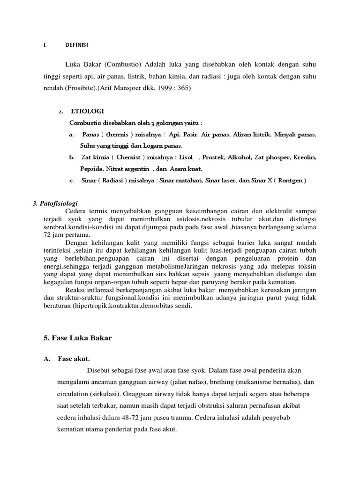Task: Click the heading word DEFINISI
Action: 77,45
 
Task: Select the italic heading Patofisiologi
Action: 54,203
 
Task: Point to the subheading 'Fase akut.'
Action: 74,359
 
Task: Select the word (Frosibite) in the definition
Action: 77,88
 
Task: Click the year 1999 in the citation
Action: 142,88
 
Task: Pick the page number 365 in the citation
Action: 164,88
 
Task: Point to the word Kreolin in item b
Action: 305,157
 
